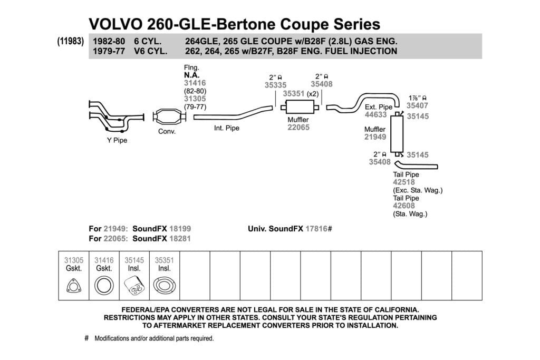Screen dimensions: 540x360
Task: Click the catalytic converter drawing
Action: tap(169, 117)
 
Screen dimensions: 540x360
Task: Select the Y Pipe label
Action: tap(117, 140)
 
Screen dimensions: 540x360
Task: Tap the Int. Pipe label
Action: tap(227, 128)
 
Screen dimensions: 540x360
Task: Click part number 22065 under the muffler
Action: tap(298, 128)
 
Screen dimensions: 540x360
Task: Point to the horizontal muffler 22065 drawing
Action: tap(300, 107)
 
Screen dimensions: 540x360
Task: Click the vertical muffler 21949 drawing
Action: tap(397, 134)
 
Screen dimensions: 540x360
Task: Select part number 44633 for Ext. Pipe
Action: tap(375, 114)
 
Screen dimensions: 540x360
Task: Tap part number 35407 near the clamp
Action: tap(417, 105)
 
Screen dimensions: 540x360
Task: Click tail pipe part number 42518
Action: tap(404, 182)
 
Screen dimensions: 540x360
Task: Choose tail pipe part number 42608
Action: tap(404, 206)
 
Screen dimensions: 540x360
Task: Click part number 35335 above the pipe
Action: tap(275, 85)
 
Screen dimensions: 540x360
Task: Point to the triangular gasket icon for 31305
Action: tap(74, 286)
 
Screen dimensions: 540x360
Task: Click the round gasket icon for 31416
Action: tap(104, 286)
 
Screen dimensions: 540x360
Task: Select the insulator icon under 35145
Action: tap(134, 286)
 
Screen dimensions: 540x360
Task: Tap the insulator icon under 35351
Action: tap(165, 286)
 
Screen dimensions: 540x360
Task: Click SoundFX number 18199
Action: tap(180, 229)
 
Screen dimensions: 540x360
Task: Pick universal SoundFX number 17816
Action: tap(316, 229)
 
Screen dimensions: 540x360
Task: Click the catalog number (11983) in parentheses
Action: tap(71, 41)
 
